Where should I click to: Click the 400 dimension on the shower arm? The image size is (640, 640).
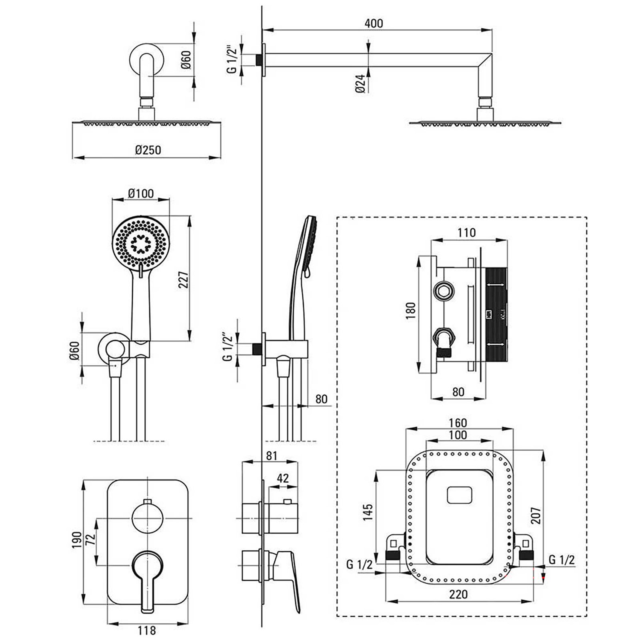tap(374, 23)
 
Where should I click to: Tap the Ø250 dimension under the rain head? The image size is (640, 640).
tap(148, 150)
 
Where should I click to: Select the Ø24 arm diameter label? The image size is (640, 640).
tap(360, 84)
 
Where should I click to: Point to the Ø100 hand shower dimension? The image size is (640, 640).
tap(140, 194)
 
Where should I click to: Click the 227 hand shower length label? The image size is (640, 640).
tap(183, 279)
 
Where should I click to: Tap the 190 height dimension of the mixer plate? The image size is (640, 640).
tap(77, 540)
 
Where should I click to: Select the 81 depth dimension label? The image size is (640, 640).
tap(271, 456)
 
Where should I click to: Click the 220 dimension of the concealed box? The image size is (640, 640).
tap(458, 594)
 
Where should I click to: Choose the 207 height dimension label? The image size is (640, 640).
tap(536, 516)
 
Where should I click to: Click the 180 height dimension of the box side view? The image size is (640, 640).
tap(410, 310)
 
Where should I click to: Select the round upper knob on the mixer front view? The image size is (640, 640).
tap(148, 518)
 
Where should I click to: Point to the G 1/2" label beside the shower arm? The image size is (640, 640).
tap(232, 60)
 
